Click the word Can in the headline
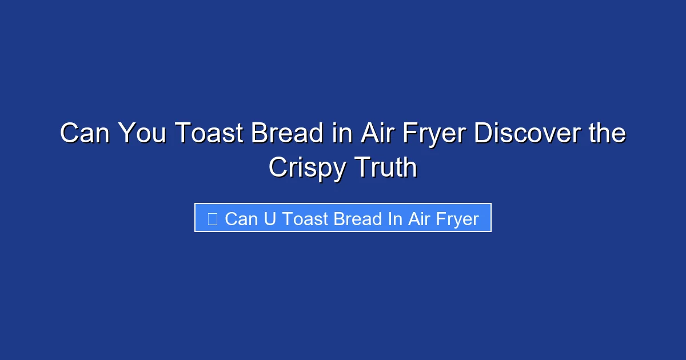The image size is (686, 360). coord(85,134)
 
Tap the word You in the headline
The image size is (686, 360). coord(143,134)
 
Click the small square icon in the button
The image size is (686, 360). coord(212,218)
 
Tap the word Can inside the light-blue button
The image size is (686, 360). coord(241,218)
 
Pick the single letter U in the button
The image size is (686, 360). coord(270,218)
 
